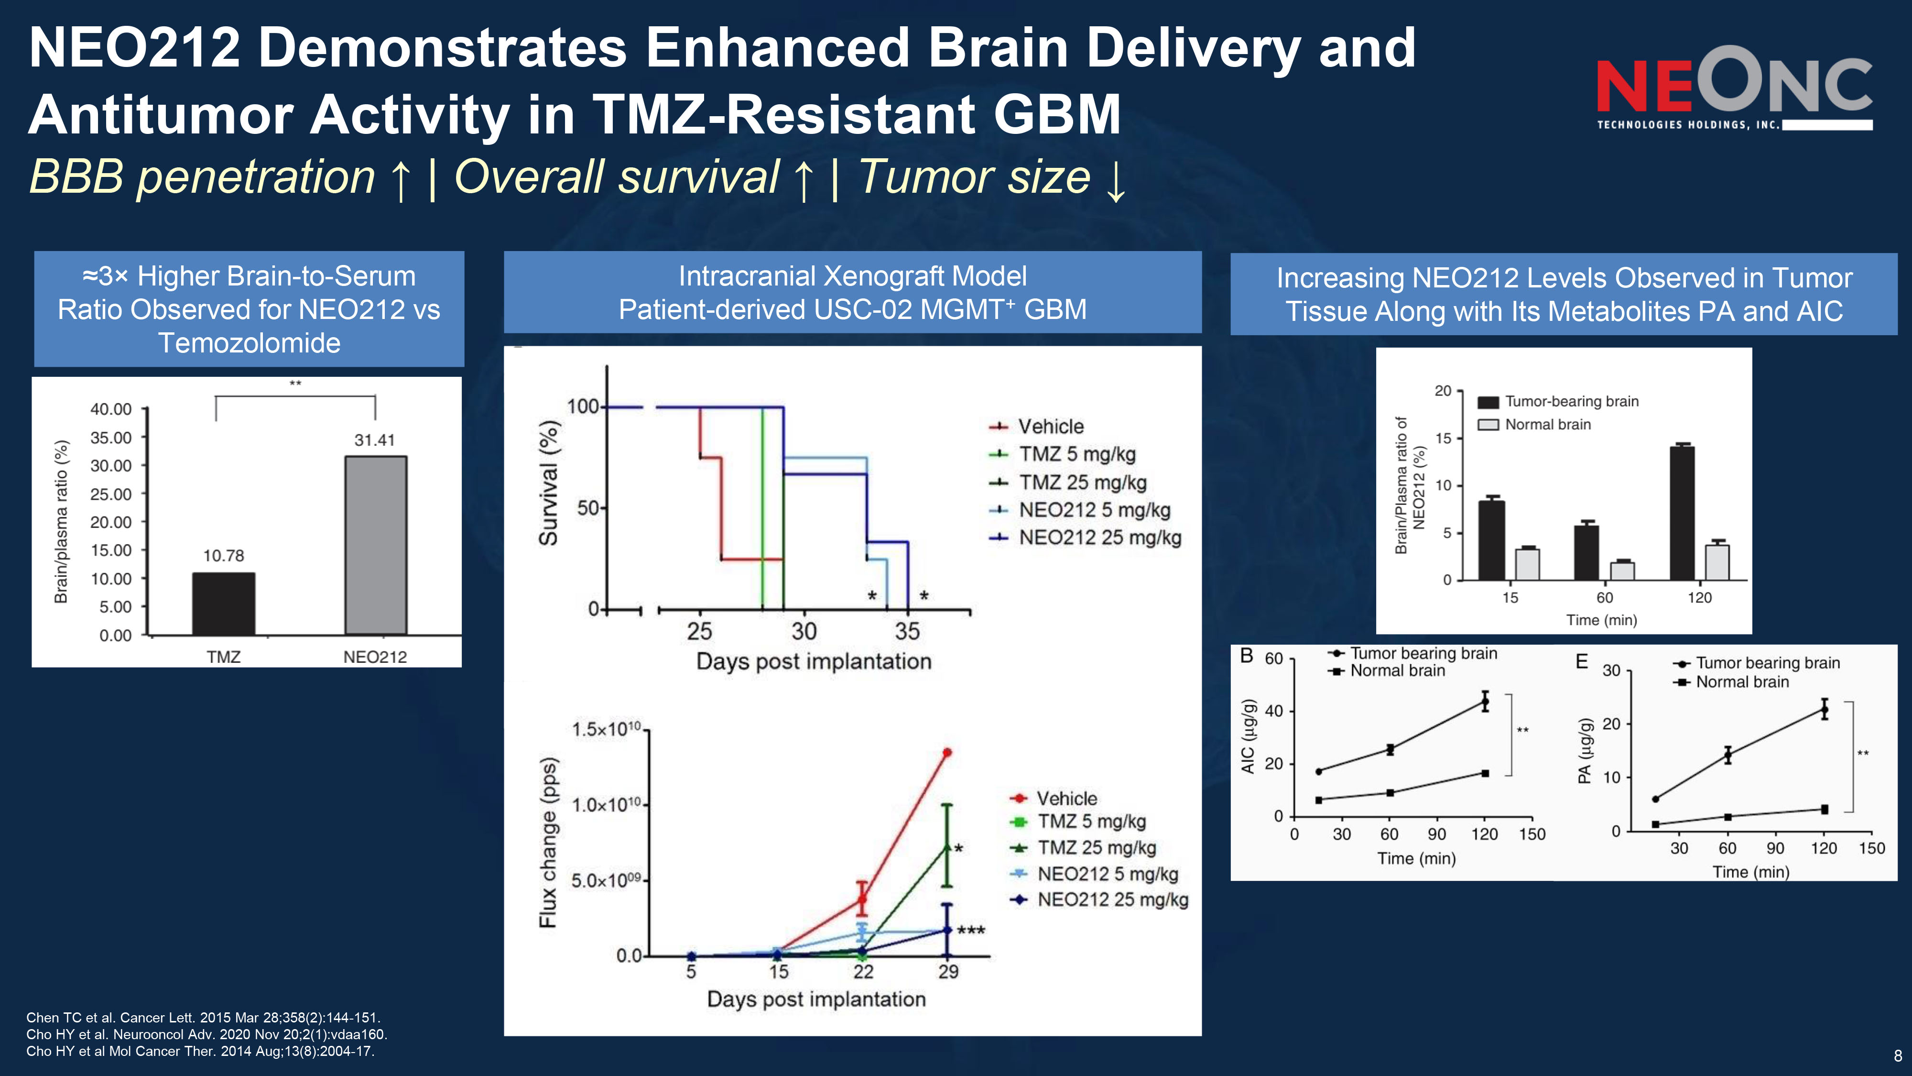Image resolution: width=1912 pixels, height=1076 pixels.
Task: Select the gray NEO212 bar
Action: (x=376, y=545)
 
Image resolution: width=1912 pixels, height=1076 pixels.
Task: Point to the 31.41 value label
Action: (x=374, y=440)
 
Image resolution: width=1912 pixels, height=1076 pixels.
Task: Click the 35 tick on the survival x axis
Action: (x=907, y=632)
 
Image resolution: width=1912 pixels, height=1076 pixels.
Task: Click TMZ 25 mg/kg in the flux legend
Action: (x=1096, y=848)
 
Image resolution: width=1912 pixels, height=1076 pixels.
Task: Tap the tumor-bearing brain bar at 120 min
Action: (x=1682, y=512)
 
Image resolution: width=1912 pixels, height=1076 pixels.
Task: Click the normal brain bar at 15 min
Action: (x=1527, y=564)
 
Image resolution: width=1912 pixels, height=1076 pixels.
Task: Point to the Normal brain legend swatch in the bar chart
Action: (x=1488, y=425)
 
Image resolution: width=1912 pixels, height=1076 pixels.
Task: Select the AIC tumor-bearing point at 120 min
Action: (x=1485, y=702)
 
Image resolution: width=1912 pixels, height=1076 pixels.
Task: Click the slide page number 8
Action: (x=1898, y=1056)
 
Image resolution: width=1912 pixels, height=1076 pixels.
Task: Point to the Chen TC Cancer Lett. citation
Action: (x=203, y=1017)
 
